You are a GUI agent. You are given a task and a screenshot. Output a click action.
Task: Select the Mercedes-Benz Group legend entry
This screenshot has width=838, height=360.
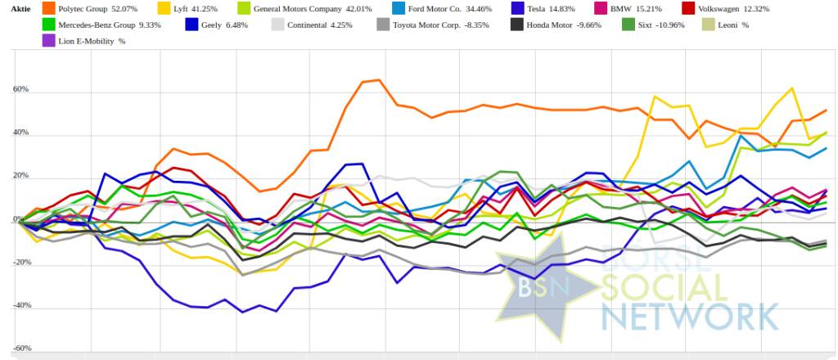click(x=97, y=25)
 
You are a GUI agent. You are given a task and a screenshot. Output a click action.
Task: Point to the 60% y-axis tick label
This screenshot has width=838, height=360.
click(x=20, y=89)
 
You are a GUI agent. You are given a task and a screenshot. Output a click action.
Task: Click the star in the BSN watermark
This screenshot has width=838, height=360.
click(x=540, y=290)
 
